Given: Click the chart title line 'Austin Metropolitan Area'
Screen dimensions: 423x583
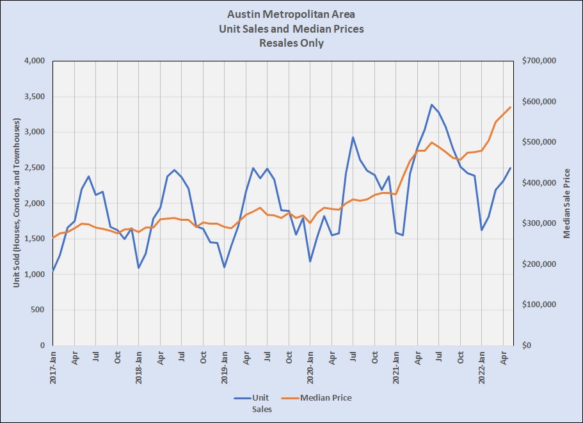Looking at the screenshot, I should coord(291,13).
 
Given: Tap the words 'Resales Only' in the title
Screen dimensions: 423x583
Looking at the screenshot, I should coord(291,44).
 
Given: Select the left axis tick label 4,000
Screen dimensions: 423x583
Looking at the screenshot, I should coord(33,61).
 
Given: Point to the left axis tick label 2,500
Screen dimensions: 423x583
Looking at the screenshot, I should coord(33,168).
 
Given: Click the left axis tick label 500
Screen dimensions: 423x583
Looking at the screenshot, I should coord(36,310).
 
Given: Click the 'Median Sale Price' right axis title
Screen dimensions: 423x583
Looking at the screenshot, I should coord(566,204).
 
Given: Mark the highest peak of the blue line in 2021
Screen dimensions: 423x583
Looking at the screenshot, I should coord(432,104).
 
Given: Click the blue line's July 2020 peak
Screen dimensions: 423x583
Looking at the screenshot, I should coord(353,137).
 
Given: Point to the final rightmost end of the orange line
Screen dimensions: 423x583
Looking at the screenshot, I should coord(511,107).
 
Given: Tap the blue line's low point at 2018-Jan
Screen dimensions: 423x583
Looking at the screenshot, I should coord(138,267).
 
